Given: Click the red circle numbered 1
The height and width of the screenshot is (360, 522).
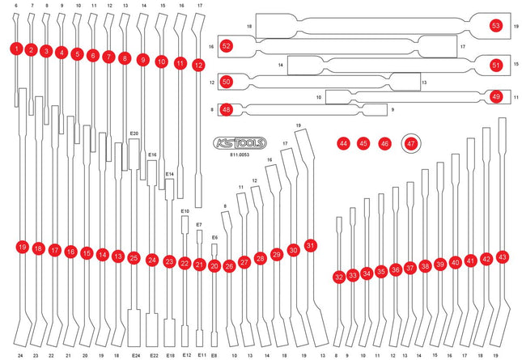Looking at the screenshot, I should click(16, 49).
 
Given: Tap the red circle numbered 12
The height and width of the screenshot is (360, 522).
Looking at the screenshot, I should click(198, 66).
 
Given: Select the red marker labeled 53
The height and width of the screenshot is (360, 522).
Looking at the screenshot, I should click(495, 26).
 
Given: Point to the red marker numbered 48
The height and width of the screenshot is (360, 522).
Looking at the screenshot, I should click(227, 109).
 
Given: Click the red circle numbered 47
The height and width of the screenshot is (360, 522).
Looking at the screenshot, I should click(411, 143).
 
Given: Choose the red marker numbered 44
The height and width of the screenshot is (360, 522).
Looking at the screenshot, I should click(344, 143).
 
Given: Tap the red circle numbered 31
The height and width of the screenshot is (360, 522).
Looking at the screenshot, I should click(310, 244).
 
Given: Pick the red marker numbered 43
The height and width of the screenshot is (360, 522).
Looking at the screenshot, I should click(503, 256).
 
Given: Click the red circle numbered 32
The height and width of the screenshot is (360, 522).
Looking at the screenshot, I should click(338, 277).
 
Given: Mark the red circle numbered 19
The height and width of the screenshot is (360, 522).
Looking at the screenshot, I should click(22, 246).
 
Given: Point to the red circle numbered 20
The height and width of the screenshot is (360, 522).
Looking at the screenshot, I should click(214, 265).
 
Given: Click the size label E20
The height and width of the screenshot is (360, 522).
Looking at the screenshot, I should click(134, 133).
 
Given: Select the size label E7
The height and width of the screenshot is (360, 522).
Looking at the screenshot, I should click(199, 224).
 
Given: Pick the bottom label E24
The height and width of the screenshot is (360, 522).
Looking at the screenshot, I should click(135, 355).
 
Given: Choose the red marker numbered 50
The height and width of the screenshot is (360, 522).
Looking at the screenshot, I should click(227, 82).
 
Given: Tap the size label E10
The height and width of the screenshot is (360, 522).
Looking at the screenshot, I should click(185, 210).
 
